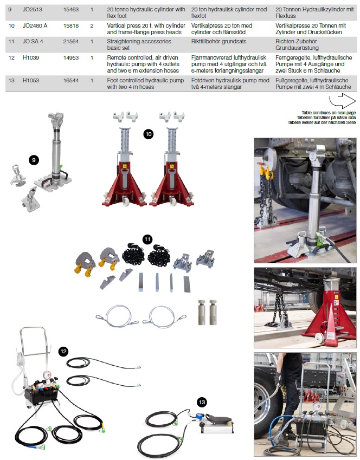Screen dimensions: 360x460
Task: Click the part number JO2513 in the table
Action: pos(33,9)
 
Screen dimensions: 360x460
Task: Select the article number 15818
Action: pos(71,26)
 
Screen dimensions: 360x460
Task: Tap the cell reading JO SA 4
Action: pos(33,41)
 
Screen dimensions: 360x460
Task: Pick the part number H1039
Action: pos(31,57)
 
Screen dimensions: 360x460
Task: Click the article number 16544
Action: pos(71,80)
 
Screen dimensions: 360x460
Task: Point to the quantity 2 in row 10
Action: pos(92,26)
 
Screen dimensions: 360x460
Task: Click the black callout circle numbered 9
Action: pos(34,160)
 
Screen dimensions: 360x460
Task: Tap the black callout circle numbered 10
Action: pos(149,134)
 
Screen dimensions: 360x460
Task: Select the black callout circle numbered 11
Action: pos(147,239)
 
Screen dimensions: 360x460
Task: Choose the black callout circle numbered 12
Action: pos(63,352)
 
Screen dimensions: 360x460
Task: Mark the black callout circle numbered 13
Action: pos(202,402)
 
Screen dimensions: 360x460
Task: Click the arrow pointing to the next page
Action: pos(343,101)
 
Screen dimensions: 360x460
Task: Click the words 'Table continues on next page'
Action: pos(329,113)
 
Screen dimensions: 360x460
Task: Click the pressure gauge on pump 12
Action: pos(47,375)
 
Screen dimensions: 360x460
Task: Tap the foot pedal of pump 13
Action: pos(219,419)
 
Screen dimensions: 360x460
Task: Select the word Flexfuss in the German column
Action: pos(285,16)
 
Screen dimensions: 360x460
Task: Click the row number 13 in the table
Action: pos(11,80)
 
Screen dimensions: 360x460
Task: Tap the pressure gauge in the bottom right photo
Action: pos(316,406)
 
